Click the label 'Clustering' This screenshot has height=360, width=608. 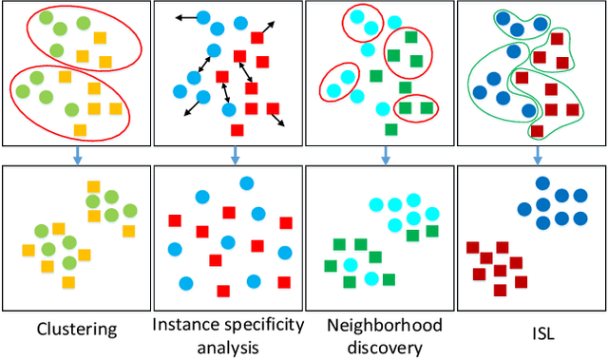76,330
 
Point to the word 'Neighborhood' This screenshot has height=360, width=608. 384,326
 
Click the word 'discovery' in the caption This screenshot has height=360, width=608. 384,347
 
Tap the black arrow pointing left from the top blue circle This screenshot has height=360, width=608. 186,17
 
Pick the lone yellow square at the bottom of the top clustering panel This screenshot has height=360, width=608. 80,130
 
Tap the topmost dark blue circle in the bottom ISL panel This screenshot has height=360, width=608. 541,183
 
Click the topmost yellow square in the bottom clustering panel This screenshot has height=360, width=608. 94,187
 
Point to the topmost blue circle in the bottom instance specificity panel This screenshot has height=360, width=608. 200,197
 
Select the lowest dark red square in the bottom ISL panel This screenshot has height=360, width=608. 522,281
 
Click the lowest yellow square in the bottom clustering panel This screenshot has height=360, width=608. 67,282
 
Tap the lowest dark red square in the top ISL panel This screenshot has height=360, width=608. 538,132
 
